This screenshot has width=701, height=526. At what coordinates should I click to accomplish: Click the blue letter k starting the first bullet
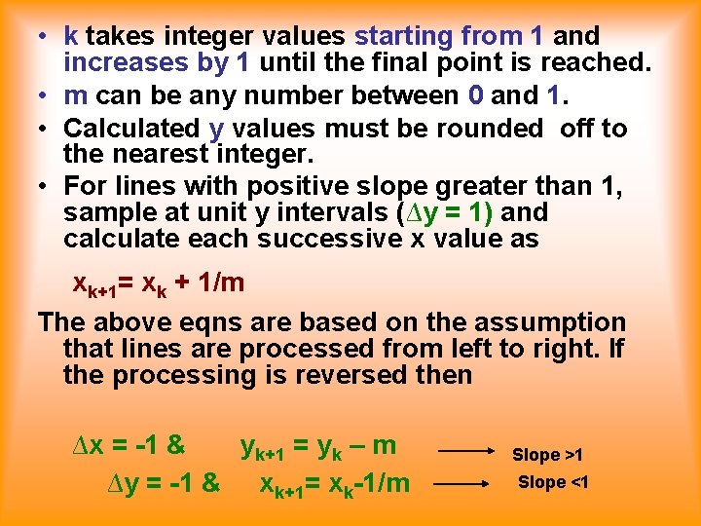click(x=71, y=37)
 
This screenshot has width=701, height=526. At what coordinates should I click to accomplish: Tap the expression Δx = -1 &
click(x=129, y=446)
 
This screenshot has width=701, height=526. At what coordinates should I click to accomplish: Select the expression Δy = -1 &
click(x=163, y=481)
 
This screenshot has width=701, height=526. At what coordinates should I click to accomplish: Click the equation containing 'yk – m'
click(x=318, y=447)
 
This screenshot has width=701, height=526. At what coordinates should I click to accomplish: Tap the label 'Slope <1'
click(x=553, y=482)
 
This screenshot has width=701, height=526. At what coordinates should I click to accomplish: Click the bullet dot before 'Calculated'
click(x=46, y=128)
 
